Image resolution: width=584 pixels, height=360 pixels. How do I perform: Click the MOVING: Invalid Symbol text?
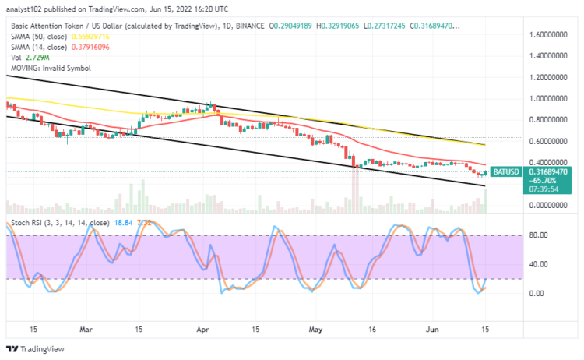pos(50,68)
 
